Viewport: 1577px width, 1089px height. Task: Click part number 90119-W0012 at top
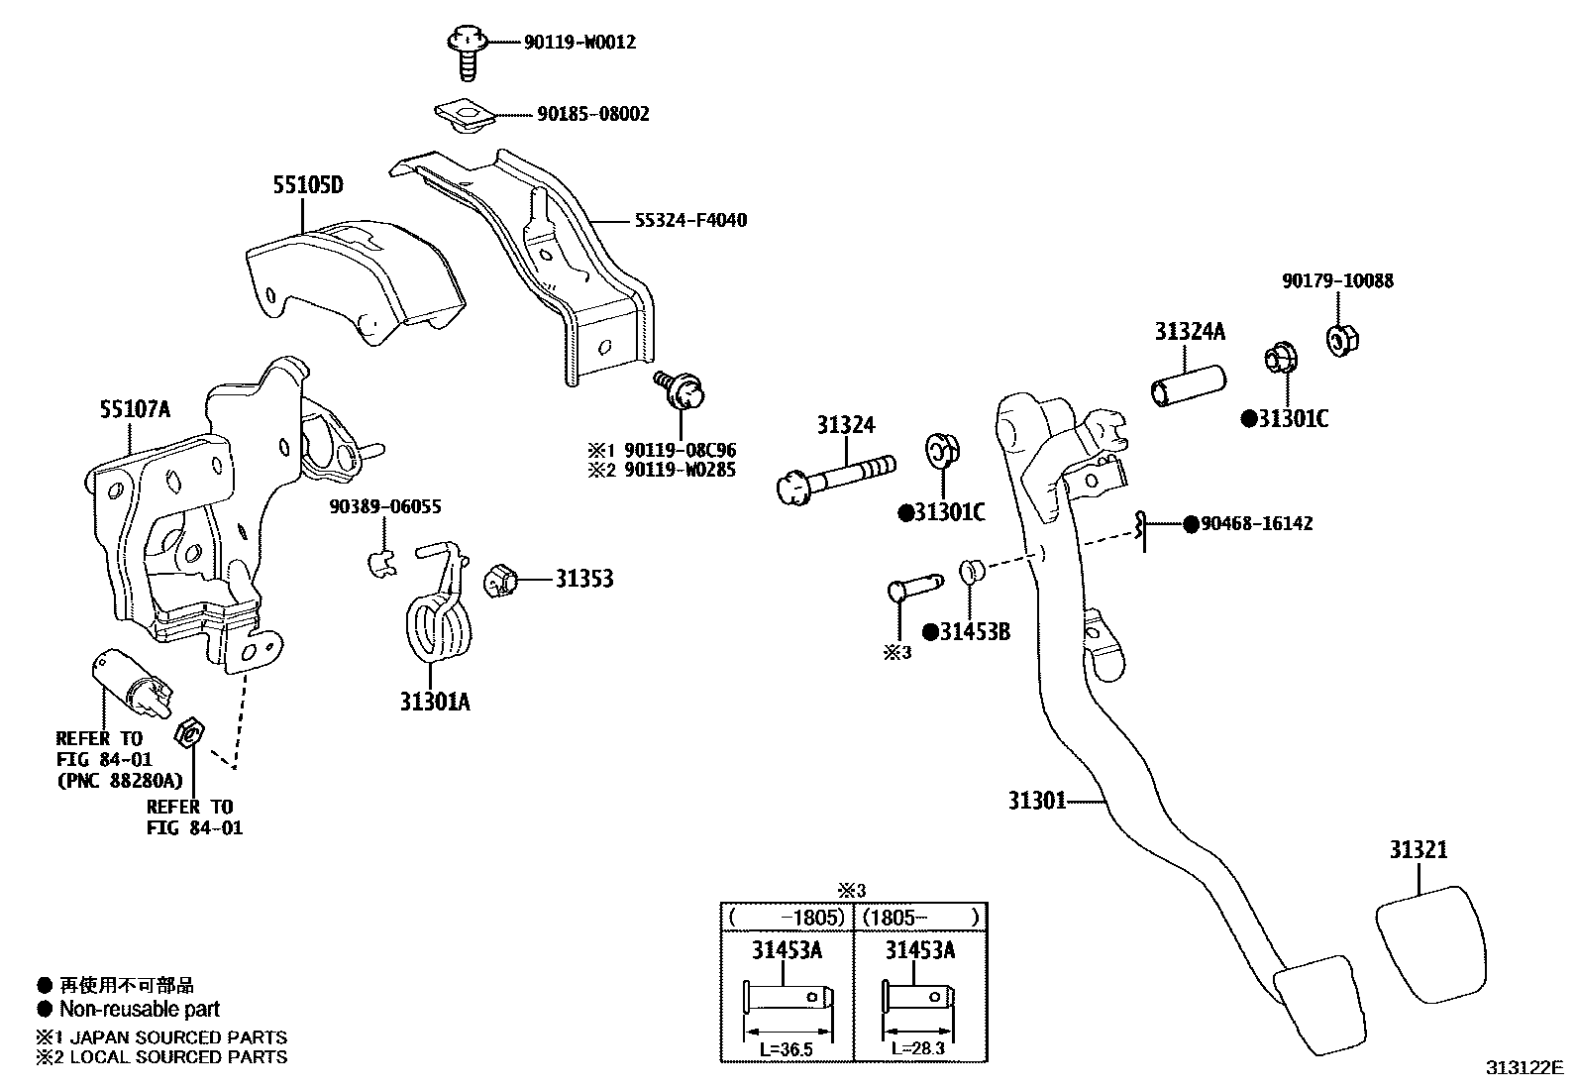[x=579, y=43]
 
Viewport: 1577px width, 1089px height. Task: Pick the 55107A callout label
[x=135, y=408]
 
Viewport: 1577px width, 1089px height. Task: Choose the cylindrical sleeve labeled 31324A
[x=1185, y=385]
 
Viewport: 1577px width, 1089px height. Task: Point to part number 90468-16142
[x=1257, y=523]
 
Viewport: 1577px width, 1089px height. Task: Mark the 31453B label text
[x=975, y=632]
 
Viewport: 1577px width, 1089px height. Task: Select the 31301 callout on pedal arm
[x=1036, y=800]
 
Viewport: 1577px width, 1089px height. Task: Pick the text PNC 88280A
[x=119, y=781]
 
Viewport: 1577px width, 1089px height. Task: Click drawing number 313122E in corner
[x=1523, y=1068]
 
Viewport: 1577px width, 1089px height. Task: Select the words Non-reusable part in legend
[x=140, y=1010]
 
